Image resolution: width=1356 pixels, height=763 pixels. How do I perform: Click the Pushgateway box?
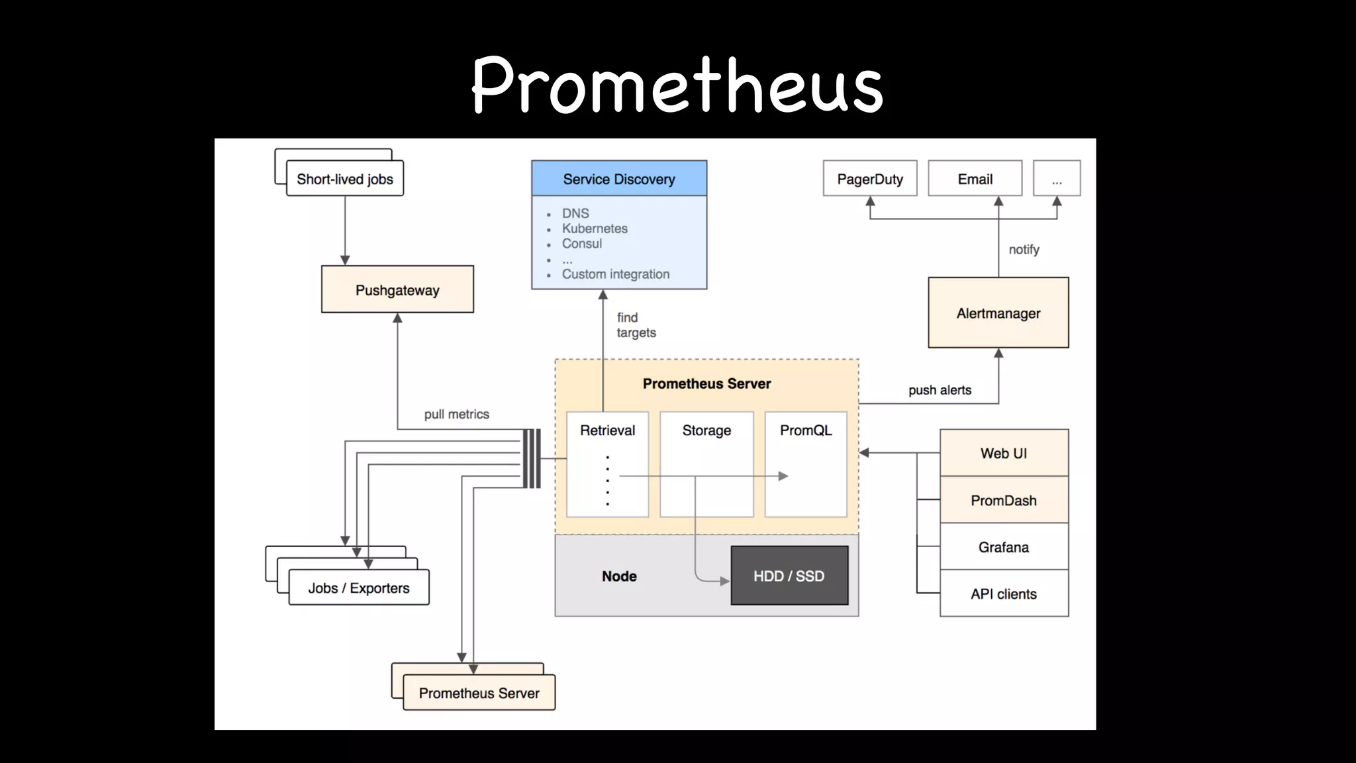[x=397, y=289]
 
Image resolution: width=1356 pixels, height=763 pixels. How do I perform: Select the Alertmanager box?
[x=998, y=313]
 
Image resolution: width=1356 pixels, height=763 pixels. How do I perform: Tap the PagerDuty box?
[x=869, y=179]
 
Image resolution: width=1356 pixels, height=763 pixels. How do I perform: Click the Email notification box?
[x=975, y=179]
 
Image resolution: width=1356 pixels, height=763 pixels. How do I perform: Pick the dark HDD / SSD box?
[x=789, y=576]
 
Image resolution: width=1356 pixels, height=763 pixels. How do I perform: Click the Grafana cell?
[x=1004, y=547]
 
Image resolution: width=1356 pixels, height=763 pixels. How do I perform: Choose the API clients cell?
[x=1004, y=593]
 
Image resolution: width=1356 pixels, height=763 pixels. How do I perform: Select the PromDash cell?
[x=1004, y=500]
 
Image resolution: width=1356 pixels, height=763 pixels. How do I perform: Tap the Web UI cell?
[x=1004, y=453]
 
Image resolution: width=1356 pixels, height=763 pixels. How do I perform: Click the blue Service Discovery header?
[x=618, y=179]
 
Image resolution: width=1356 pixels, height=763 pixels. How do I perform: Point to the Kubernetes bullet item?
[x=594, y=229]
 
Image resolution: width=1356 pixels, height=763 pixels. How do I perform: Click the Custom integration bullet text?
[x=615, y=274]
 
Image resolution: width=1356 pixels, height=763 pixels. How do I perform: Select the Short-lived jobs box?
[x=344, y=179]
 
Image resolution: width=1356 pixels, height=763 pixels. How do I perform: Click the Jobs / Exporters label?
[x=358, y=588]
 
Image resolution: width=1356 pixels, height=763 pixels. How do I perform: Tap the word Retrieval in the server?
[x=607, y=431]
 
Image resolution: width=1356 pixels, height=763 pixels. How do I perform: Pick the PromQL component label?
[x=805, y=431]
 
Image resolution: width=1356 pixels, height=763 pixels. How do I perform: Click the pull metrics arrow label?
[x=456, y=415]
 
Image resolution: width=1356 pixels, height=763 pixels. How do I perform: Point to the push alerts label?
[x=940, y=390]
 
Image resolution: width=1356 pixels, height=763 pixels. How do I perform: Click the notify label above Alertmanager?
[x=1024, y=250]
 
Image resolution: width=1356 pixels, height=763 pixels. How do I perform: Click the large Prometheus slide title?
[x=677, y=85]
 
